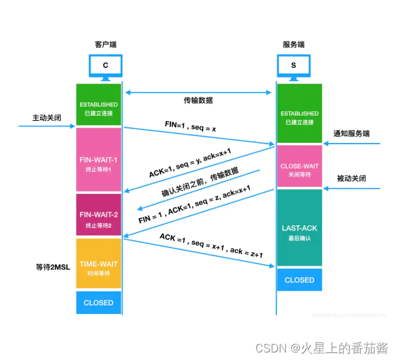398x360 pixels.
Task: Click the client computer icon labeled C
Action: click(x=105, y=65)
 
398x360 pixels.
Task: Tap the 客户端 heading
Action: click(x=105, y=45)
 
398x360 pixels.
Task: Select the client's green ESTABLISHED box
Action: click(x=98, y=105)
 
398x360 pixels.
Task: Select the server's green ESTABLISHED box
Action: click(x=299, y=114)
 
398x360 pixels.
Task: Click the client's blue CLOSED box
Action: click(x=98, y=303)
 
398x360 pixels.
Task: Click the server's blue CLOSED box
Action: click(x=299, y=280)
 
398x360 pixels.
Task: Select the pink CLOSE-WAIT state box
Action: click(x=299, y=167)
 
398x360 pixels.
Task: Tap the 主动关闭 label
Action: click(x=47, y=118)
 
